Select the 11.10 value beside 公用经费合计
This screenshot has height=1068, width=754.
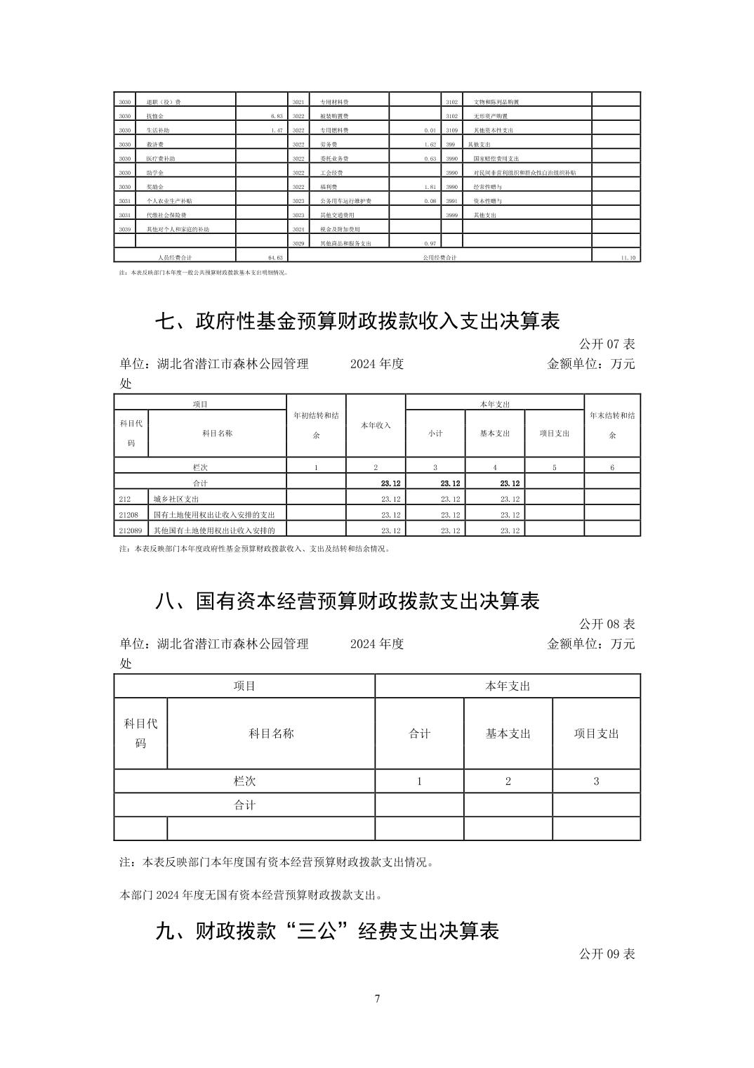pyautogui.click(x=628, y=258)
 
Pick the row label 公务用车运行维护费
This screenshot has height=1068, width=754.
pyautogui.click(x=345, y=201)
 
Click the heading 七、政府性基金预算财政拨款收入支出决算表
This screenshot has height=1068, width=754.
pyautogui.click(x=357, y=321)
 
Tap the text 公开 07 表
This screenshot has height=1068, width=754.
pyautogui.click(x=607, y=344)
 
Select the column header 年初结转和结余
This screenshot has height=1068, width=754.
pyautogui.click(x=316, y=425)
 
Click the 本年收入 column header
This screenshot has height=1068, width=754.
pyautogui.click(x=376, y=425)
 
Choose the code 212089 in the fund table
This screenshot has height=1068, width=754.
pyautogui.click(x=131, y=530)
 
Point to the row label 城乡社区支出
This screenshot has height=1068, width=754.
pyautogui.click(x=176, y=499)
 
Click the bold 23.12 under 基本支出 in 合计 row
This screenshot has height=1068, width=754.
pyautogui.click(x=510, y=483)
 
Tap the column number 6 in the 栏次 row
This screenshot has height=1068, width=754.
pyautogui.click(x=612, y=467)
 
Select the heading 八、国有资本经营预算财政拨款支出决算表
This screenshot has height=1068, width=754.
pyautogui.click(x=347, y=601)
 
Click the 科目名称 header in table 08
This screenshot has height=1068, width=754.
pyautogui.click(x=271, y=734)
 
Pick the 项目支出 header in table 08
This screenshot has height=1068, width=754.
pyautogui.click(x=596, y=734)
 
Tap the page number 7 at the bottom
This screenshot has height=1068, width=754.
pyautogui.click(x=377, y=998)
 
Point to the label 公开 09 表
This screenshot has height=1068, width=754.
pyautogui.click(x=607, y=953)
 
